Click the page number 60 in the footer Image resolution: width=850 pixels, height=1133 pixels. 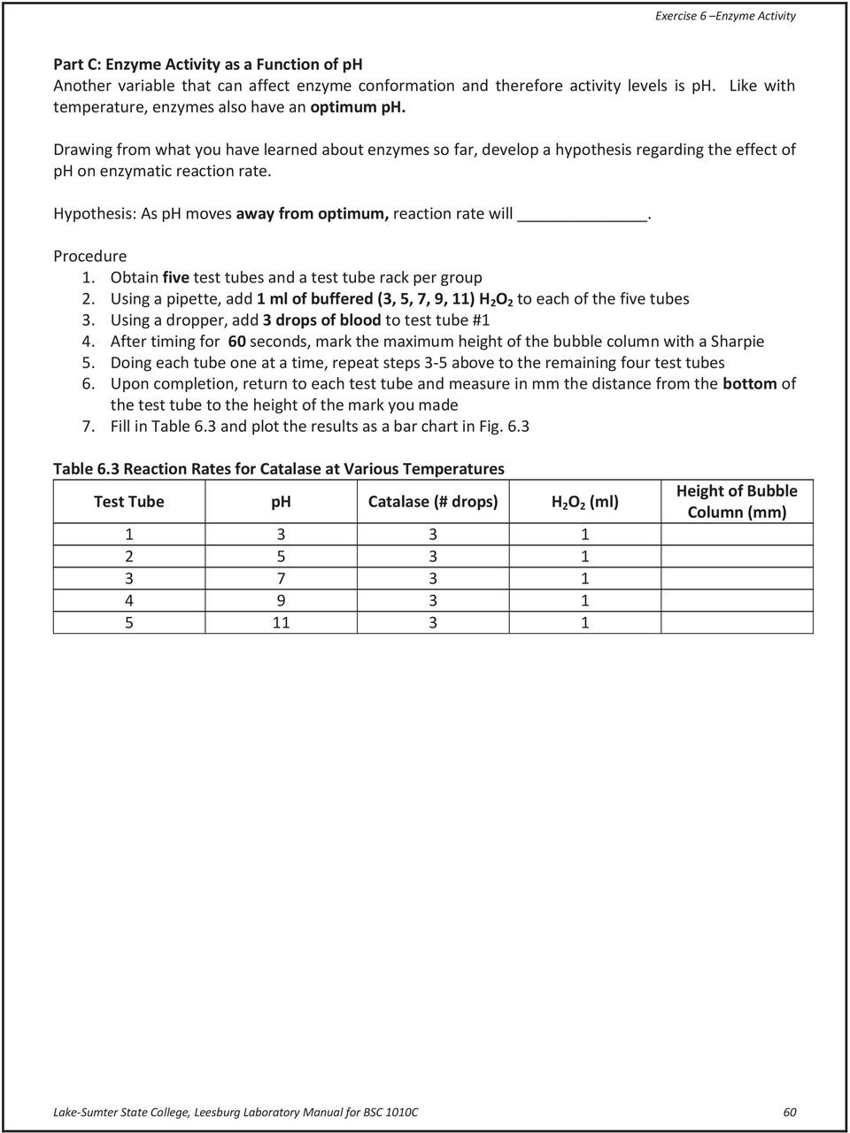pos(789,1112)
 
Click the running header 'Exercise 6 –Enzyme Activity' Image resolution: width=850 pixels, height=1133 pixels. pos(724,15)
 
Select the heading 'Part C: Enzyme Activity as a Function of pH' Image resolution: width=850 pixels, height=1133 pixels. pos(208,65)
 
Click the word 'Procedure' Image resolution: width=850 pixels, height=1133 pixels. pos(90,256)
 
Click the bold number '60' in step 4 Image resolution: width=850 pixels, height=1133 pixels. pos(238,341)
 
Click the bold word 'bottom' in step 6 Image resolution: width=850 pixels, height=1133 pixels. pos(749,383)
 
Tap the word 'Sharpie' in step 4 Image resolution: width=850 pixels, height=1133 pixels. pos(738,341)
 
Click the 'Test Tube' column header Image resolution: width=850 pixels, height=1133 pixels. pos(129,502)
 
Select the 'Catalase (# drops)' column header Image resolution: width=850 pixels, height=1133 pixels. pos(433,502)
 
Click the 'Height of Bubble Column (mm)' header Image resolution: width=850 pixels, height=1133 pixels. pos(737,502)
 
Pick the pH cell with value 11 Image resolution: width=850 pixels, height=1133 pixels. pos(282,622)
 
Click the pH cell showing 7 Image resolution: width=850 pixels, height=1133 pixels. pos(282,579)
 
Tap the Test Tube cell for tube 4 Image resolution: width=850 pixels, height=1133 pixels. pos(129,601)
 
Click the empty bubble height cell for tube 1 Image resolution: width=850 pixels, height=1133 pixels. pos(737,535)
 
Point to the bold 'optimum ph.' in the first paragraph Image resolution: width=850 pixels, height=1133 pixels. pos(357,107)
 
